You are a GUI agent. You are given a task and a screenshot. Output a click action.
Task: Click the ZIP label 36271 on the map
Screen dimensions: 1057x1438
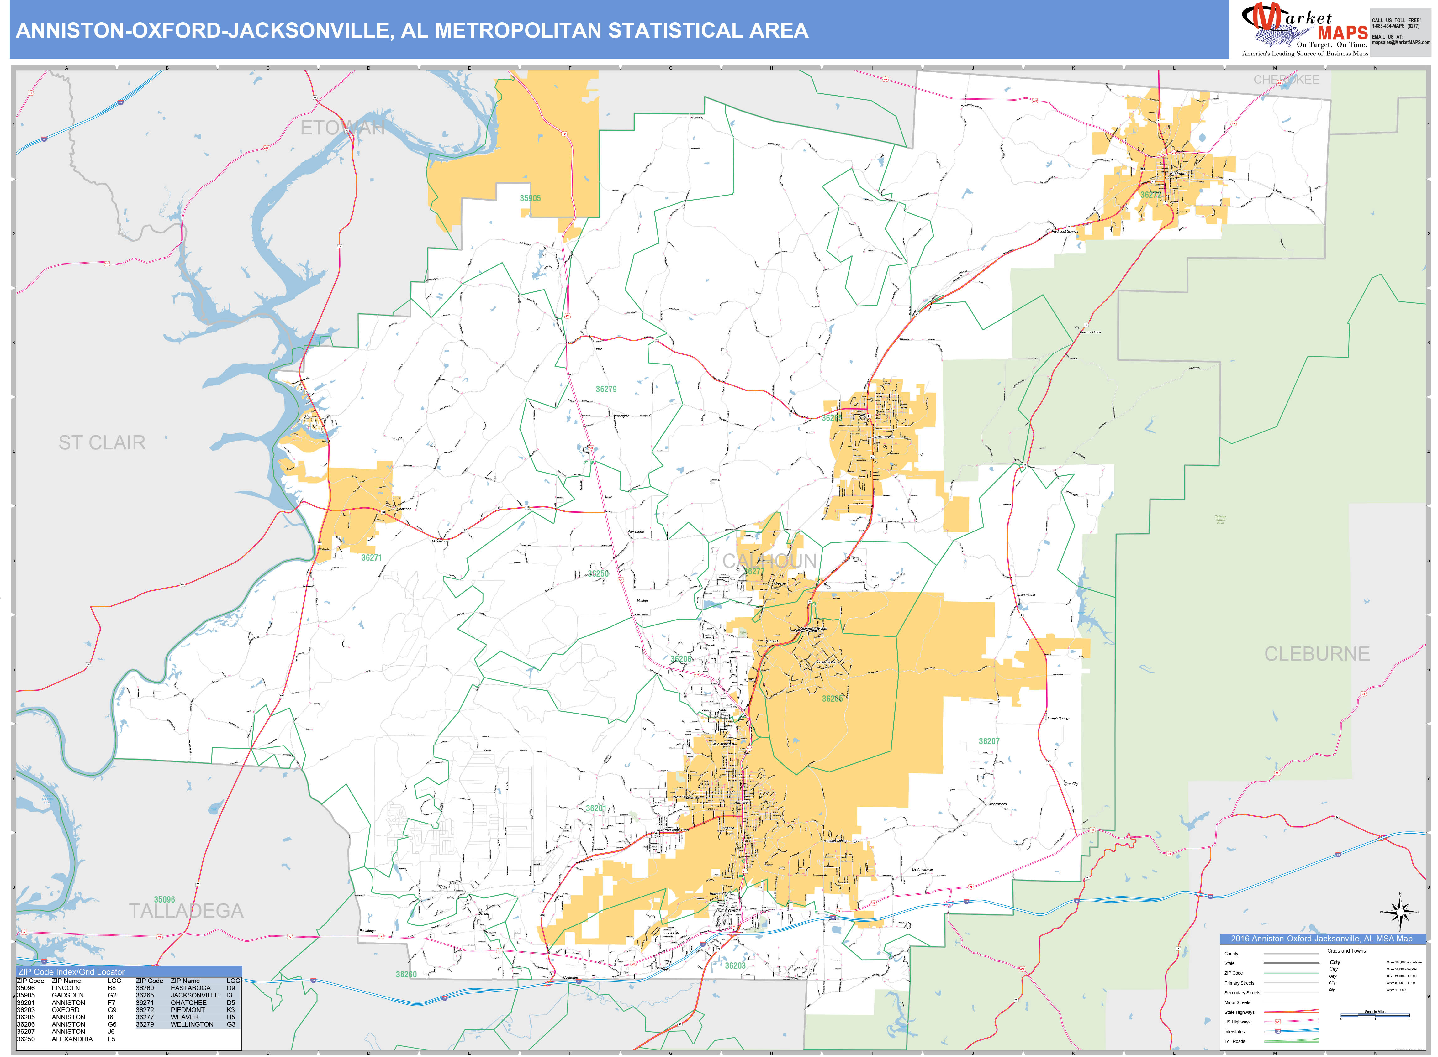pyautogui.click(x=371, y=558)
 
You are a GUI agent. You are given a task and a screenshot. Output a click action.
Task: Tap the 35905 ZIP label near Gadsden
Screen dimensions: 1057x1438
pyautogui.click(x=530, y=198)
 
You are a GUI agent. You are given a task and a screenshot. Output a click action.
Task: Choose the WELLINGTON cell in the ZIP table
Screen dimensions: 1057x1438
pyautogui.click(x=192, y=1024)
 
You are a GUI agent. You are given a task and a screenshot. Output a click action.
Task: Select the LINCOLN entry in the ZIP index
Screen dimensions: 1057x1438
pyautogui.click(x=66, y=988)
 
